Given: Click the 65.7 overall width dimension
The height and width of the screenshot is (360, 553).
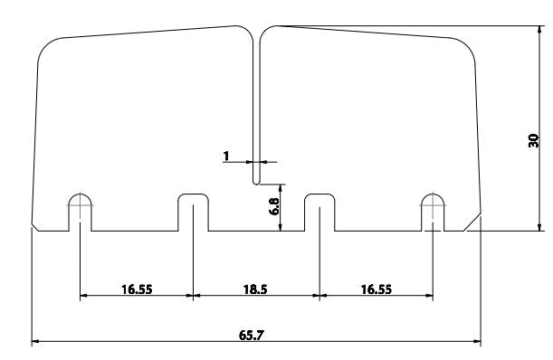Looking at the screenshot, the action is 251,335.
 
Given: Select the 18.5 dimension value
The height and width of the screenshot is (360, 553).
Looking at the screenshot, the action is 255,289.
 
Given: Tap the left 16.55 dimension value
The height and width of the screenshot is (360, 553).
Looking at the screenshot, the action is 137,289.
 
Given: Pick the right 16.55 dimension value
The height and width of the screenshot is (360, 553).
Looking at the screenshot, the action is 377,289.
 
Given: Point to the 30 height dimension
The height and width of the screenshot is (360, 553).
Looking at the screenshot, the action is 534,141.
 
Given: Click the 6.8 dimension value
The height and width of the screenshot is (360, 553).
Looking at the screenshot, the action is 274,206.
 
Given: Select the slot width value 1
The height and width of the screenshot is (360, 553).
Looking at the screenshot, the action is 226,156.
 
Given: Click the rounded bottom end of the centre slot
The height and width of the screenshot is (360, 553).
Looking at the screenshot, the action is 256,183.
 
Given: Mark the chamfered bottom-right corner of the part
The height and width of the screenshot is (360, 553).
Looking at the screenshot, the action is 472,222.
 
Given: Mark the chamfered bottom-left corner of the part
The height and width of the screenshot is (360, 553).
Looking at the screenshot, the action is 35,227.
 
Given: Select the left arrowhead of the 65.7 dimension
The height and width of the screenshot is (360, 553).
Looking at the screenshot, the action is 35,341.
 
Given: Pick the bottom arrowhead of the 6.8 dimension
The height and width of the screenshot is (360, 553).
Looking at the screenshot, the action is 281,227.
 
